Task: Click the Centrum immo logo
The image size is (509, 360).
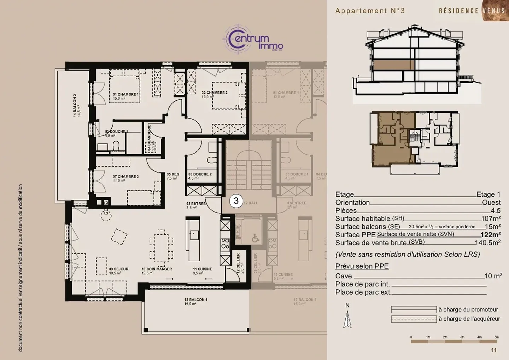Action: (x=253, y=40)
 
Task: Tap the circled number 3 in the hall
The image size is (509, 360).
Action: (x=236, y=201)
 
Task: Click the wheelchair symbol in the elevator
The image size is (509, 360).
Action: (x=255, y=239)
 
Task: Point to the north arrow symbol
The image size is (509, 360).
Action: (x=347, y=319)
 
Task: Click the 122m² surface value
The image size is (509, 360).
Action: (x=490, y=235)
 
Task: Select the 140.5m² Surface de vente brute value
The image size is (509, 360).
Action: (x=487, y=243)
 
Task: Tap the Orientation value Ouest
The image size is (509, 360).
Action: (x=491, y=203)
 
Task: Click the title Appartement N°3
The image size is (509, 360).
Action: (x=370, y=11)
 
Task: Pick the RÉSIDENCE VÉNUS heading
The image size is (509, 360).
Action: (x=472, y=11)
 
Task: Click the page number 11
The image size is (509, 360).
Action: (x=493, y=350)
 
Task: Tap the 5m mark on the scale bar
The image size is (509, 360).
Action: (x=496, y=337)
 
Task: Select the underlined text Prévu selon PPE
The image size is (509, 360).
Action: (x=362, y=266)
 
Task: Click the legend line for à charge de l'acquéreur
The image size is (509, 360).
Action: (x=414, y=319)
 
